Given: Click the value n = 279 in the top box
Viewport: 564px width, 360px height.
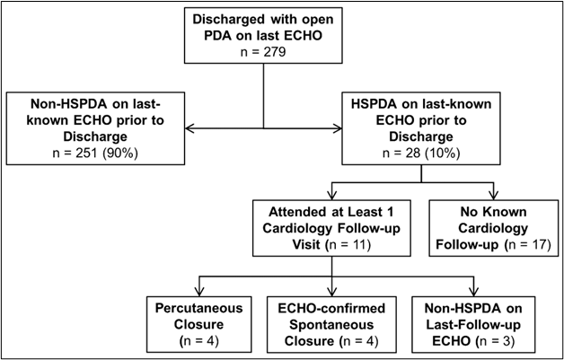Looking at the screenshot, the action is tap(263, 52).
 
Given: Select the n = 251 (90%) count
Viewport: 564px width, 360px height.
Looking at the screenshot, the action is tap(95, 154).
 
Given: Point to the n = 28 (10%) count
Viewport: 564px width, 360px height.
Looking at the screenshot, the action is tap(421, 154).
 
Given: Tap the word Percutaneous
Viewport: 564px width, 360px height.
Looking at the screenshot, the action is tap(198, 308).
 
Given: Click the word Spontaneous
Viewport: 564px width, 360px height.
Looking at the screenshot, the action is tap(331, 325).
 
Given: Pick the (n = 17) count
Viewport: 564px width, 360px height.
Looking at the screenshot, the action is tap(527, 245).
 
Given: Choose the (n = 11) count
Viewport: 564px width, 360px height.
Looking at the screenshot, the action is tap(348, 245).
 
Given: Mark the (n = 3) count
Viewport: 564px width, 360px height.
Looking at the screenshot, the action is tap(498, 341).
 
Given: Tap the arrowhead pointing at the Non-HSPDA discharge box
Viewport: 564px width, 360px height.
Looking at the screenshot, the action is tap(189, 128).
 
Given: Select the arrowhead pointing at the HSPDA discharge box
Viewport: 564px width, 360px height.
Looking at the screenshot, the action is tap(338, 128).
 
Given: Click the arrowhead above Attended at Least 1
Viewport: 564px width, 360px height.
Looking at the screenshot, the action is tap(331, 195).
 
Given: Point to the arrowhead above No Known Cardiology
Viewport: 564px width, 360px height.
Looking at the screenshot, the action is tap(494, 195).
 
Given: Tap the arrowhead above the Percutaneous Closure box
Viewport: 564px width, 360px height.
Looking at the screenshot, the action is tap(198, 291).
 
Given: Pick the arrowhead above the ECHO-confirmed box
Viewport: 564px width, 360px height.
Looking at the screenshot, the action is tap(331, 291).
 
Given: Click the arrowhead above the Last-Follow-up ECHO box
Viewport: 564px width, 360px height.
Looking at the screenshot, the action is tap(473, 291).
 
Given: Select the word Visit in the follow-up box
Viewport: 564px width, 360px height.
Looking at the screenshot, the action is tap(305, 244).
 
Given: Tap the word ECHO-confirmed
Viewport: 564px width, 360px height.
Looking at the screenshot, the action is tap(331, 308).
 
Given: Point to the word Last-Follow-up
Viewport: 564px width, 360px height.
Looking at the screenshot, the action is tap(473, 325).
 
